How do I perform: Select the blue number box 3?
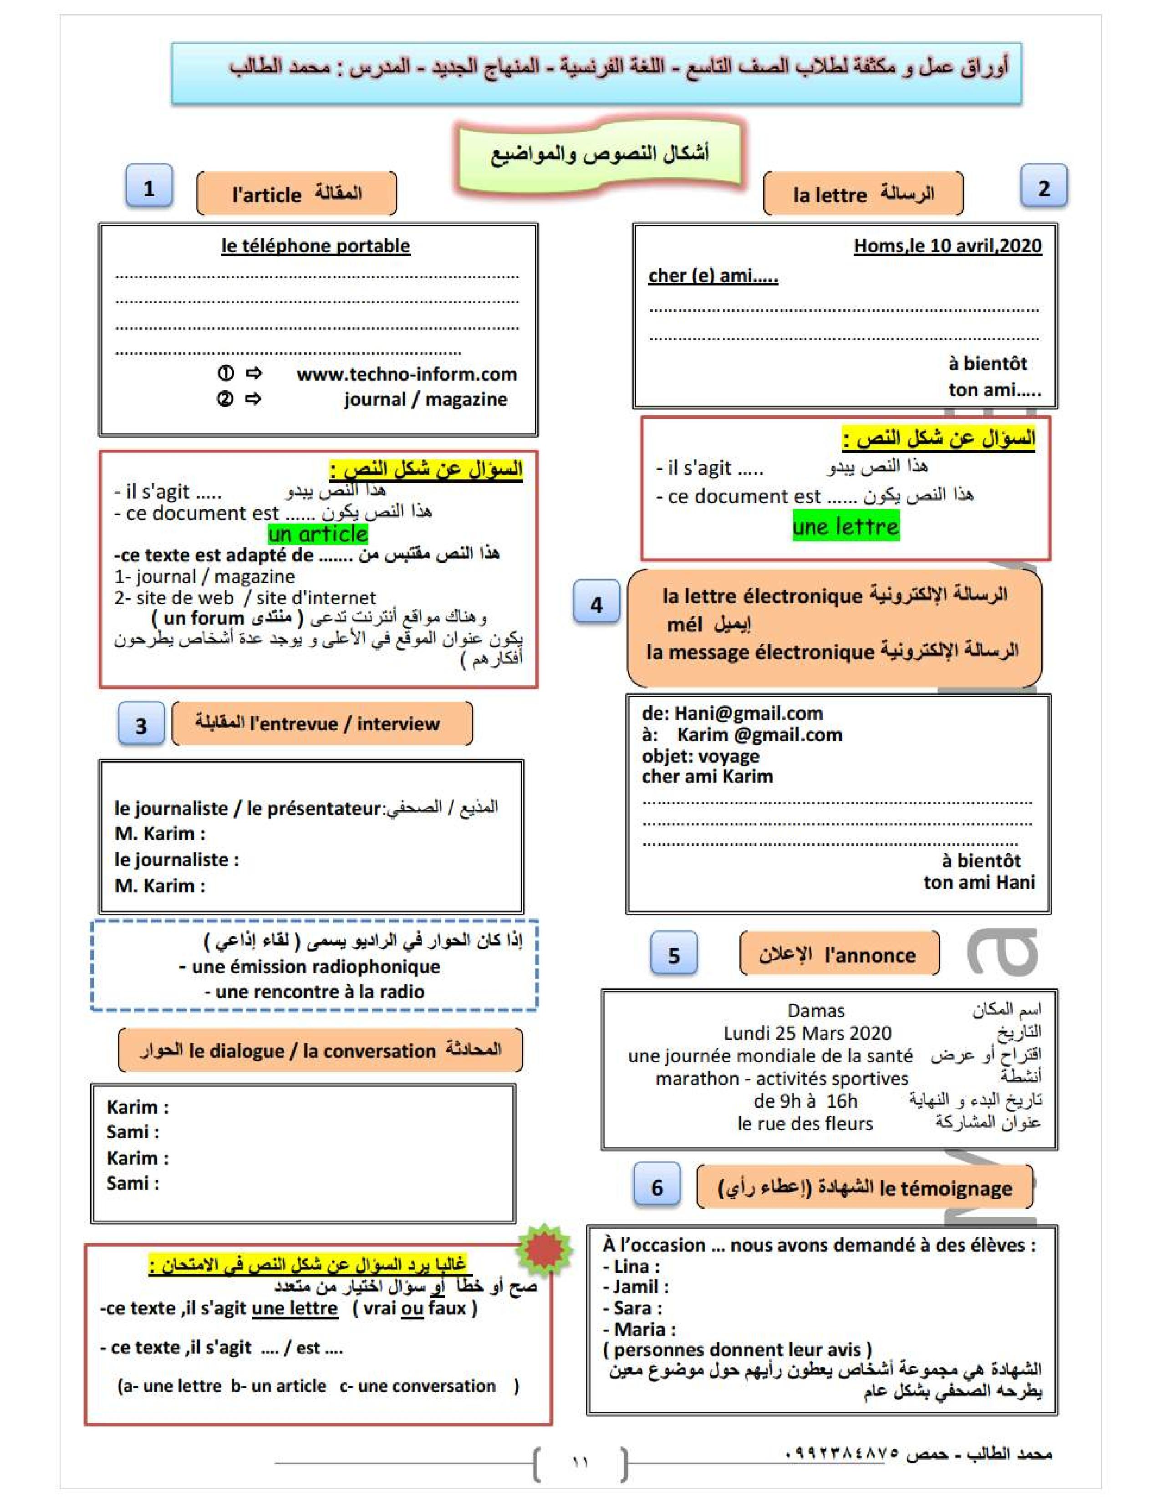(x=141, y=724)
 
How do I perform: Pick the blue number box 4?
(x=596, y=603)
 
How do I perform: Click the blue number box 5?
(x=674, y=954)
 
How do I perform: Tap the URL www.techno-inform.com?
(x=407, y=374)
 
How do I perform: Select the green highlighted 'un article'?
(x=318, y=534)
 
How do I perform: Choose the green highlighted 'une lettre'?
(x=845, y=526)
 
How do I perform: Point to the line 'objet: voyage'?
(x=700, y=756)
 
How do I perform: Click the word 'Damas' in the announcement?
(x=816, y=1010)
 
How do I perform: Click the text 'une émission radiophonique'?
(x=316, y=966)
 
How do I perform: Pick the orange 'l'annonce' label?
(x=839, y=954)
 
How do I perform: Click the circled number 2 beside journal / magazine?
(x=225, y=399)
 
